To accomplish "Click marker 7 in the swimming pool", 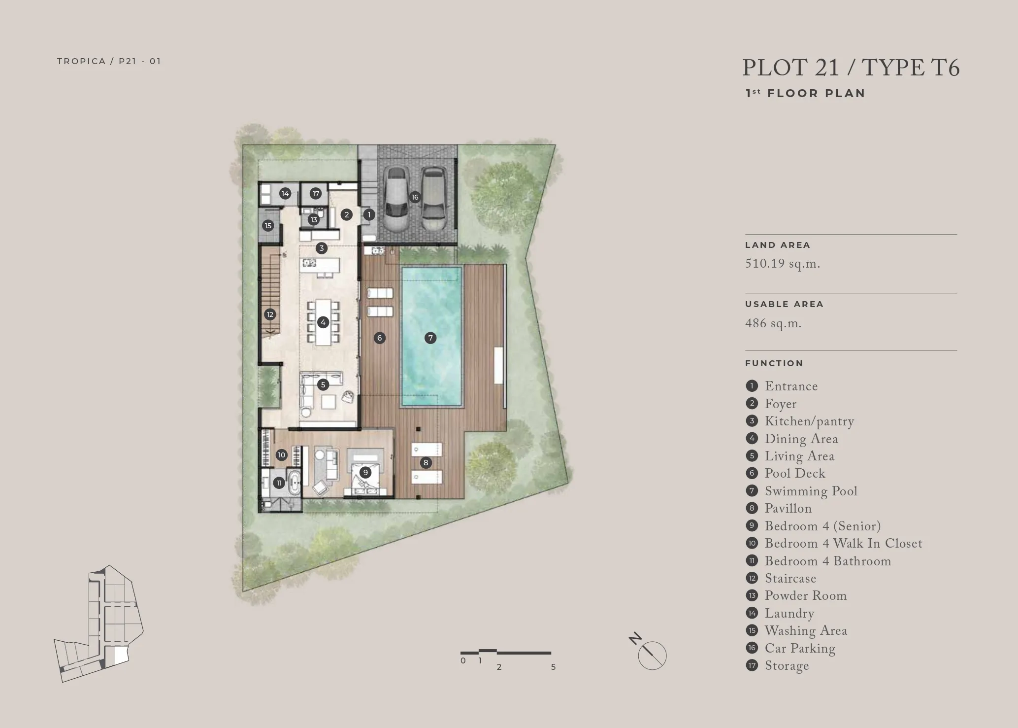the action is tap(430, 338).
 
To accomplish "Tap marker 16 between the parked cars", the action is tap(415, 197).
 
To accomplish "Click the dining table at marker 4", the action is tap(323, 322).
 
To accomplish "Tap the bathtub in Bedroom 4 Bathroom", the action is tap(295, 483).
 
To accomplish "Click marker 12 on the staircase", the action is tap(269, 314).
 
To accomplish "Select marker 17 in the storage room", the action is tap(316, 194).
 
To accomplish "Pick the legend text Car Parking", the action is tap(800, 649).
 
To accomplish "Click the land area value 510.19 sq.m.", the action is tap(783, 264).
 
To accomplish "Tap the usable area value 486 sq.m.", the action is tap(773, 324).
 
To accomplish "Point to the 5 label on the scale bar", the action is tap(553, 667).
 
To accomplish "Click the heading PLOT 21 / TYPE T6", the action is tap(851, 68).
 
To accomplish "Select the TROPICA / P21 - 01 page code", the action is tap(109, 61).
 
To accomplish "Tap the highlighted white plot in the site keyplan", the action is tap(121, 656).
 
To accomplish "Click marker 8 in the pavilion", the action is tap(426, 462).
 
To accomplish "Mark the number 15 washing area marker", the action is tap(268, 226).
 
